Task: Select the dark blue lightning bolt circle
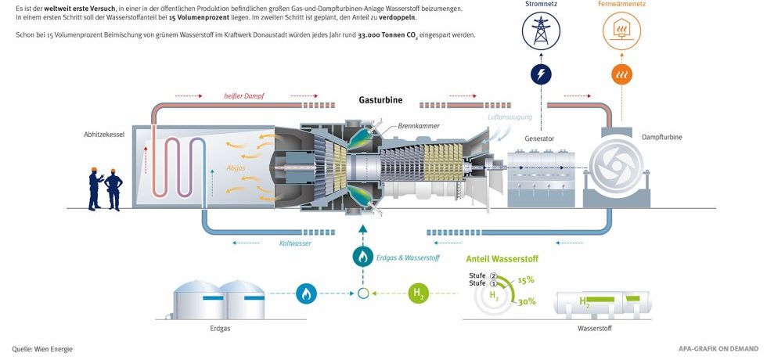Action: click(x=541, y=74)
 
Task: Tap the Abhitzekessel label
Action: click(x=105, y=135)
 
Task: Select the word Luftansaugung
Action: click(x=510, y=117)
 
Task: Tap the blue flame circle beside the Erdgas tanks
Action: click(x=307, y=294)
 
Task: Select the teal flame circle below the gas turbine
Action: click(x=362, y=256)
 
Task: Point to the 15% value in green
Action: click(x=525, y=279)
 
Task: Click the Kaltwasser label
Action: click(x=295, y=243)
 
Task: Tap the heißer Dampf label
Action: click(x=243, y=96)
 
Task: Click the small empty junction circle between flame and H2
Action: click(x=362, y=294)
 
